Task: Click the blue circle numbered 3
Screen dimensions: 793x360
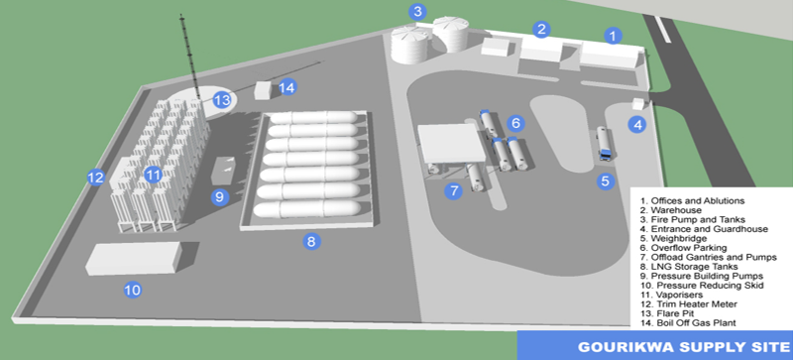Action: [417, 12]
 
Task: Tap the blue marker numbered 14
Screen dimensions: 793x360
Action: [286, 87]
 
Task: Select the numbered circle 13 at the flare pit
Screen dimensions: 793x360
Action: [222, 100]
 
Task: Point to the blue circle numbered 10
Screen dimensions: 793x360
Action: [133, 290]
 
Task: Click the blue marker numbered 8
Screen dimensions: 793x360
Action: [311, 242]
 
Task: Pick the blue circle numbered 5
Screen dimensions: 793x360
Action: [606, 180]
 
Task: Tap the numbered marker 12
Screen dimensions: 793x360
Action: [95, 178]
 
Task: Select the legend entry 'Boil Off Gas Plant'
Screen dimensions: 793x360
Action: [687, 322]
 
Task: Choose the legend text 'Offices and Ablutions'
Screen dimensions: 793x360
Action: [692, 200]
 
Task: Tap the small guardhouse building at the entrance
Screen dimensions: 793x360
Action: [639, 103]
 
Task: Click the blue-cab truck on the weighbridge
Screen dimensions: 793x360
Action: [604, 144]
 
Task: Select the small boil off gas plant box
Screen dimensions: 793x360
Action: [264, 90]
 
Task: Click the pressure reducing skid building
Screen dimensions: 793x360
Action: [134, 258]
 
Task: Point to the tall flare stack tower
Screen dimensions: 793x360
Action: [189, 57]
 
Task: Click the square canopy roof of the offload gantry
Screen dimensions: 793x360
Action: [451, 143]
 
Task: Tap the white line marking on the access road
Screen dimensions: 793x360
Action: [662, 30]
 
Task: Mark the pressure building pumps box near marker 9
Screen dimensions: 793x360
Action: [224, 171]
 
